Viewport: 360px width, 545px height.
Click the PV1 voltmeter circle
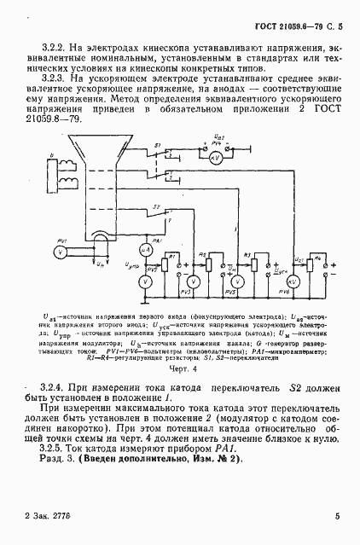point(60,253)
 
